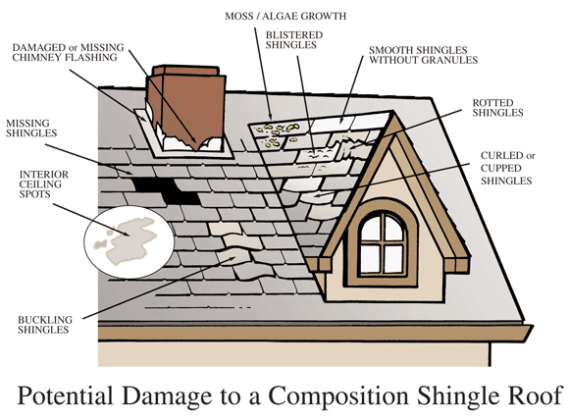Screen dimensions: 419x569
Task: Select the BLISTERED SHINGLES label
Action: pos(294,41)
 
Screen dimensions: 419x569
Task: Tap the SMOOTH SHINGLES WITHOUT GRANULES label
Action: pos(424,54)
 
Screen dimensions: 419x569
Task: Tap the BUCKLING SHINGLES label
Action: pos(43,325)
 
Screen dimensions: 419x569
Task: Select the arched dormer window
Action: pos(384,241)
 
